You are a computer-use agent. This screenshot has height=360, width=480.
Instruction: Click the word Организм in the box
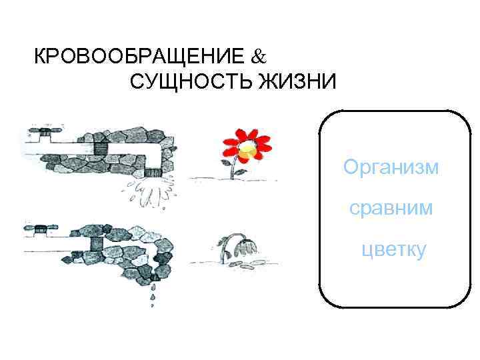391,167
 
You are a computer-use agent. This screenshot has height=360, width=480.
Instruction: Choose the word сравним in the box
391,209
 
